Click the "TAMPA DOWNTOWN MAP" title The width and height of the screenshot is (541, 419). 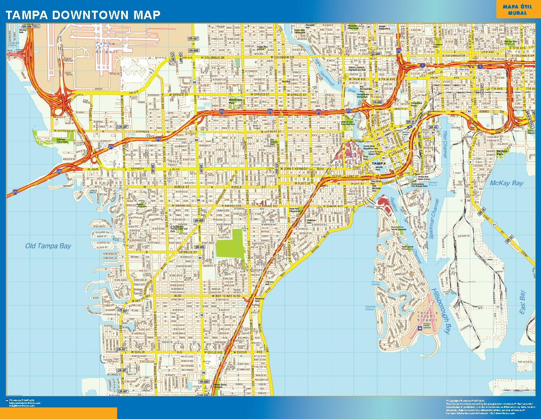pyautogui.click(x=83, y=15)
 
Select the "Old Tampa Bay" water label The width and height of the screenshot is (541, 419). pyautogui.click(x=48, y=246)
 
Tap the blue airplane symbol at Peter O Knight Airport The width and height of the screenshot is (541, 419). pyautogui.click(x=419, y=328)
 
